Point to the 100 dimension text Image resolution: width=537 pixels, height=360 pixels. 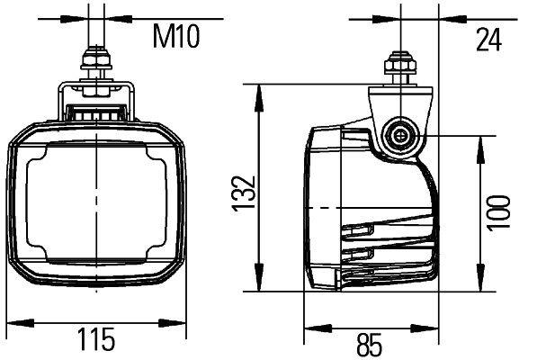pyautogui.click(x=497, y=213)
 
